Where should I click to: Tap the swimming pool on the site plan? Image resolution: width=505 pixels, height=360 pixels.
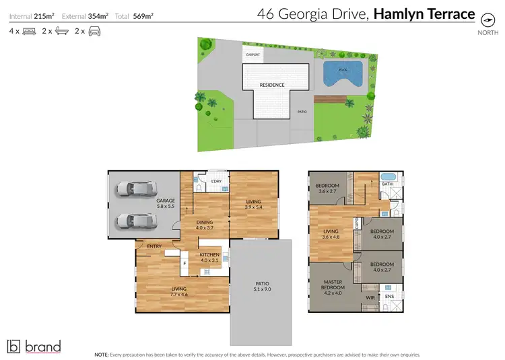coord(343,72)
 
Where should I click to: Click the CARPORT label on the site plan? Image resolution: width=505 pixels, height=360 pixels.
coord(253,55)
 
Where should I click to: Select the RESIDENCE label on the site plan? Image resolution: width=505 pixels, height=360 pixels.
coord(272,85)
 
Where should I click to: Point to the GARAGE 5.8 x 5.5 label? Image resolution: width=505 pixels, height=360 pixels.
coord(165,203)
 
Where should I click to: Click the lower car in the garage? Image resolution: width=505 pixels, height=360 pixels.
coord(133,221)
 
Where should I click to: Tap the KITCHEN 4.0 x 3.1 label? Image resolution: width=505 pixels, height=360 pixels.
coord(210,258)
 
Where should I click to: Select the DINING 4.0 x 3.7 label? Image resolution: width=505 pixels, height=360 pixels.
coord(205,225)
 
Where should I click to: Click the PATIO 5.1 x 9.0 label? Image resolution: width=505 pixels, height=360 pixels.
coord(262,285)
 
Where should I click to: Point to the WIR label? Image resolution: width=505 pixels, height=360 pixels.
coord(370,296)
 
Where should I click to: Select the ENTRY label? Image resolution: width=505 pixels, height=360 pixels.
coord(154,246)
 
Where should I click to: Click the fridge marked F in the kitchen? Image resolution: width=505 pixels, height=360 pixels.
coord(184,263)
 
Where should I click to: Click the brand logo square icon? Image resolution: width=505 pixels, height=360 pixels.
coord(13,347)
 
